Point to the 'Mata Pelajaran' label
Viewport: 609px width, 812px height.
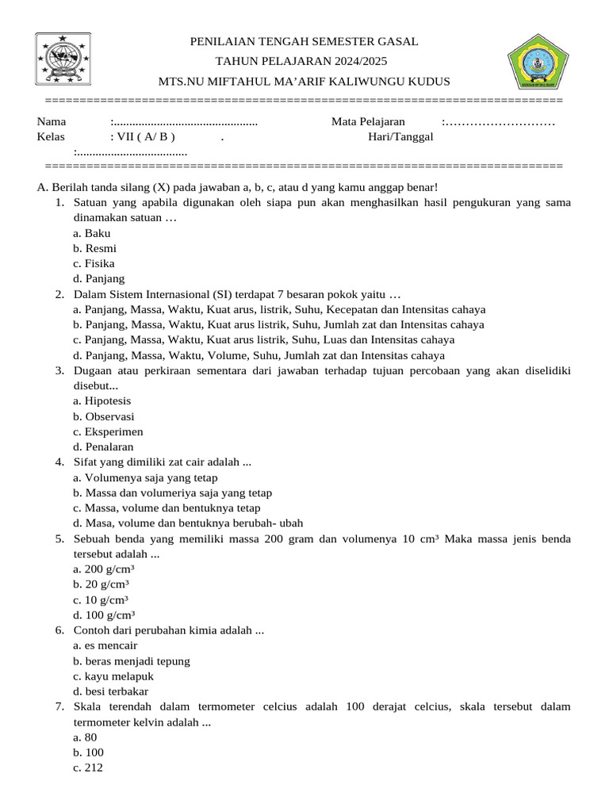(368, 121)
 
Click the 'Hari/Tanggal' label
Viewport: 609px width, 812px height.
(400, 136)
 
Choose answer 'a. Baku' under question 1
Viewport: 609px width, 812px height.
(91, 233)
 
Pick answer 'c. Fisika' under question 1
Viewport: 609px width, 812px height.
(94, 263)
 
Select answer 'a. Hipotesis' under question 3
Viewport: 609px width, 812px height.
(102, 401)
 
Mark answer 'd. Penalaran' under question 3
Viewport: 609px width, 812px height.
(103, 446)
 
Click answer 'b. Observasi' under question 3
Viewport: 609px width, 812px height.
(103, 416)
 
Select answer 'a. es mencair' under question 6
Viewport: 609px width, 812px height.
(105, 645)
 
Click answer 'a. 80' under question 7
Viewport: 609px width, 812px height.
(85, 737)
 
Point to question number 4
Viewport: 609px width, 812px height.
(59, 462)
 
